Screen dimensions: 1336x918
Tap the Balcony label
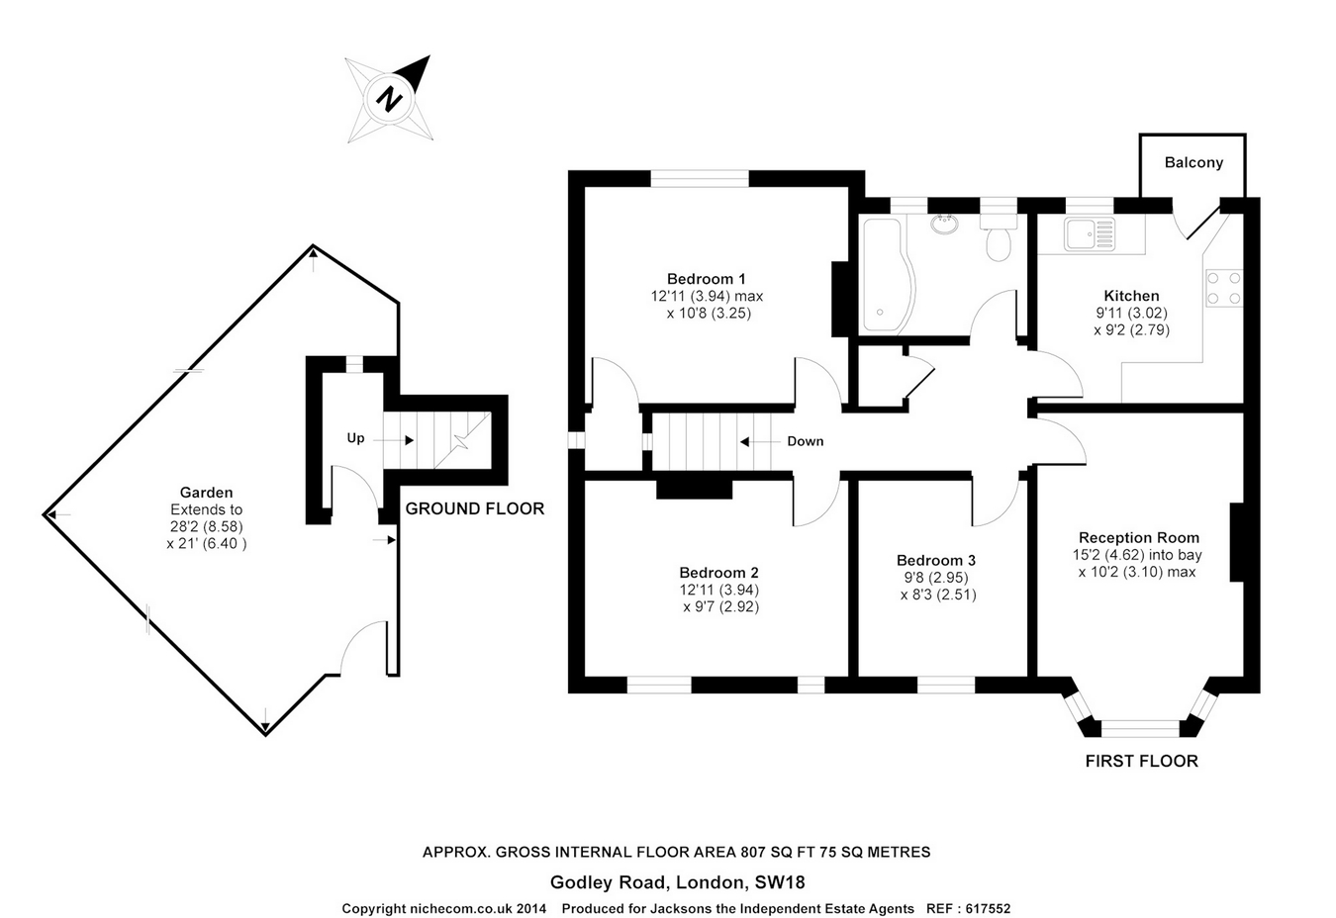point(1193,162)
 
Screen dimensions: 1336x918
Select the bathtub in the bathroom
point(883,274)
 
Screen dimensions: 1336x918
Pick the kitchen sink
point(1090,234)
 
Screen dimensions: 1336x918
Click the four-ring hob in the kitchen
point(1224,288)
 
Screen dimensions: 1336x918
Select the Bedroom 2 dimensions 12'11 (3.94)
point(718,590)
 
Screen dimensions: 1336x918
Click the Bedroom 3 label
point(936,560)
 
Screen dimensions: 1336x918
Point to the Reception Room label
point(1139,538)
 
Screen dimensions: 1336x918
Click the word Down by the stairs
point(806,441)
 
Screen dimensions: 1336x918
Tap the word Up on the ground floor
point(355,438)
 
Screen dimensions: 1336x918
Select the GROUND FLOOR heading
point(475,508)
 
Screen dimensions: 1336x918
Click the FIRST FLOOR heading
point(1141,761)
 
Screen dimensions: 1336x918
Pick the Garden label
point(207,493)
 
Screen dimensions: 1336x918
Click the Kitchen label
point(1131,296)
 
